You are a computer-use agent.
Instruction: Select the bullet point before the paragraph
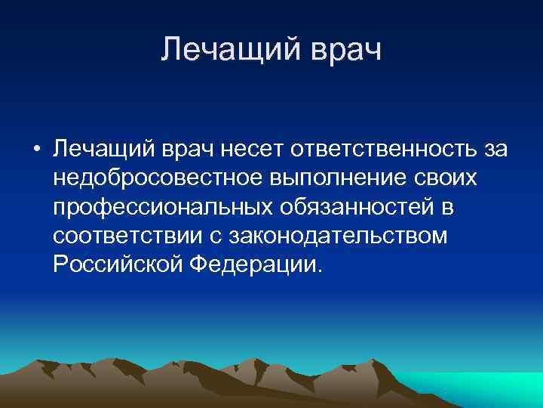coord(36,150)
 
